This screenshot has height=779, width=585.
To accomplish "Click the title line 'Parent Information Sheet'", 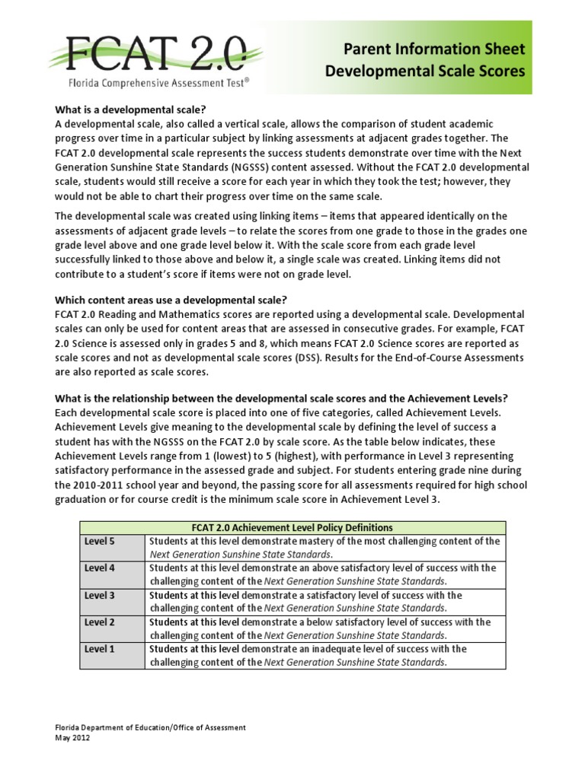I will (426, 49).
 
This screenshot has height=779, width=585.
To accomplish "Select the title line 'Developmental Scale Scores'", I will (426, 72).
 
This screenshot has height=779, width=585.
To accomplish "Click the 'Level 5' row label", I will (100, 541).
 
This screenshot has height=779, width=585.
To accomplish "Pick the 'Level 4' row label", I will (100, 568).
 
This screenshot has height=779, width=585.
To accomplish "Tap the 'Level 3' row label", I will (100, 595).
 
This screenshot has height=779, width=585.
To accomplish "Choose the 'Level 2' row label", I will (100, 622).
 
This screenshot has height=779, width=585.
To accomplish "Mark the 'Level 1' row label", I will (100, 649).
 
